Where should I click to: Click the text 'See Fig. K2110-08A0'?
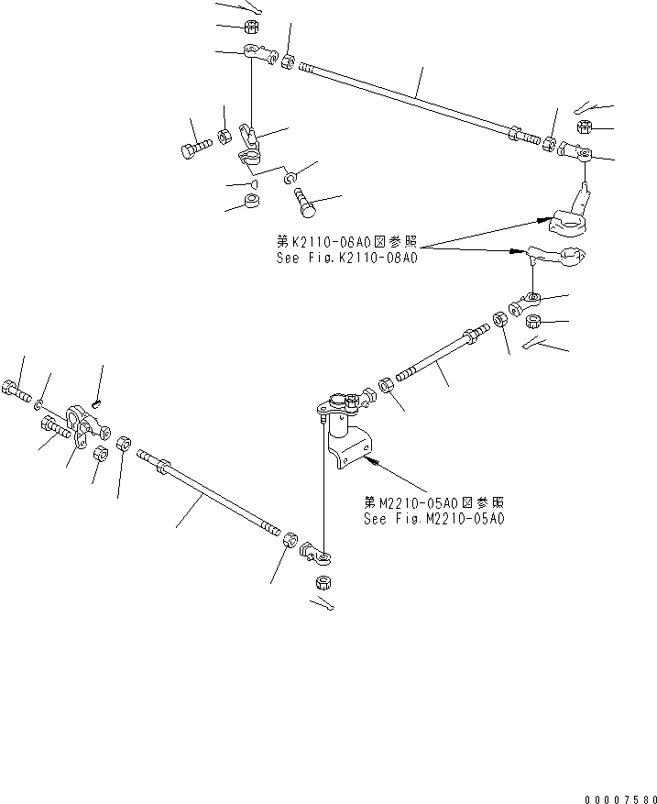(346, 259)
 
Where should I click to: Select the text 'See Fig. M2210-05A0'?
(433, 518)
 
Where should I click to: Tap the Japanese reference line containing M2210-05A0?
(433, 503)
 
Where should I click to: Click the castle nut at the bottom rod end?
(322, 582)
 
